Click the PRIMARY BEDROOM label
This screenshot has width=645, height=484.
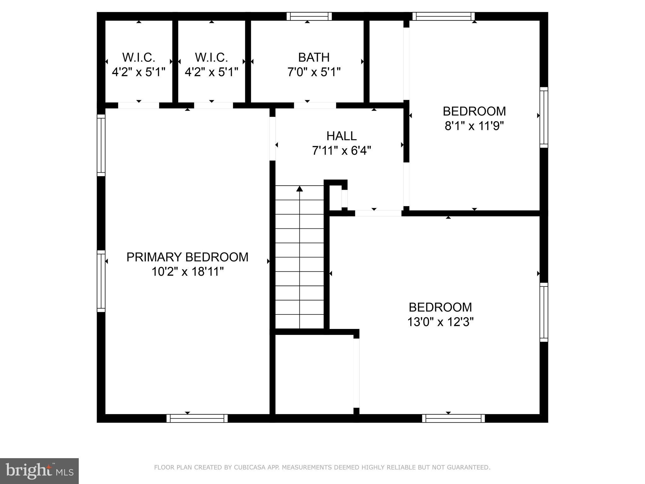[x=187, y=257]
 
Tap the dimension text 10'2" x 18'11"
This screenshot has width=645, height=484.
[x=187, y=272]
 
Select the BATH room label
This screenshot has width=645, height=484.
[x=314, y=57]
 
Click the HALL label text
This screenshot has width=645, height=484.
[x=341, y=136]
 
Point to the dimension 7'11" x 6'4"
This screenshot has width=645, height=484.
[x=341, y=151]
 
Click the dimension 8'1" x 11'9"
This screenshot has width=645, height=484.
[x=474, y=126]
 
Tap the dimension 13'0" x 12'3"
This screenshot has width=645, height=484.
[x=440, y=322]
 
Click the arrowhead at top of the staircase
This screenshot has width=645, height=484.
[x=300, y=188]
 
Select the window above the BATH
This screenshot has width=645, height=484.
[x=309, y=16]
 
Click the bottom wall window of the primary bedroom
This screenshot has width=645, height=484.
[x=197, y=418]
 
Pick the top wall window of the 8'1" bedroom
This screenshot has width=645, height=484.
[x=443, y=16]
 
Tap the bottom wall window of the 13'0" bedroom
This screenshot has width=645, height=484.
[x=453, y=418]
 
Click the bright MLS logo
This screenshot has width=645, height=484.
[x=39, y=471]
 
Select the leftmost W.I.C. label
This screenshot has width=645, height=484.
[x=139, y=57]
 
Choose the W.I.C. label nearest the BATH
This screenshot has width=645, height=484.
[x=211, y=57]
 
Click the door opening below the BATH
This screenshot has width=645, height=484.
[x=315, y=105]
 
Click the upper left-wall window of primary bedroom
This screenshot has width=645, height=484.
[x=101, y=145]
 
